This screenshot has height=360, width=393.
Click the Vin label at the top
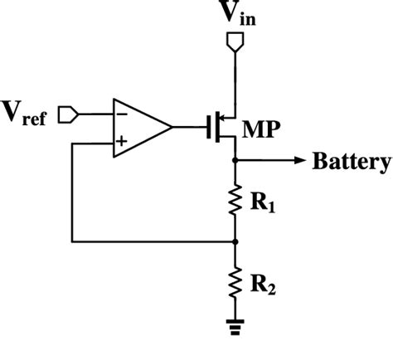point(236,14)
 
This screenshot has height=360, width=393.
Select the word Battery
point(351,161)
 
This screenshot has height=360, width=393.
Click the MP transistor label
point(260,130)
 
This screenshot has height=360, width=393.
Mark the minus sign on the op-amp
point(121,113)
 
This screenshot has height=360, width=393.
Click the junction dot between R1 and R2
point(237,242)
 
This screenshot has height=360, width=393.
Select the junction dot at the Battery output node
point(237,161)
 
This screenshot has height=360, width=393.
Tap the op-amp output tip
point(172,128)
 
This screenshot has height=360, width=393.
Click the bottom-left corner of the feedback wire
point(73,242)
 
